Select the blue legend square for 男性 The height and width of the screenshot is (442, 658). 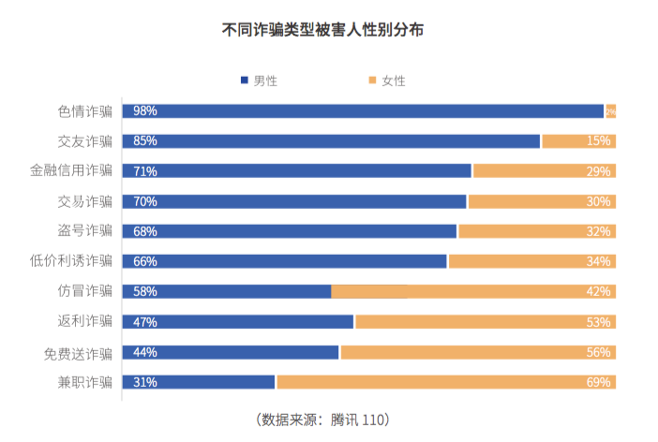[x=245, y=81]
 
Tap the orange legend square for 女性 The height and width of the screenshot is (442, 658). [x=372, y=81]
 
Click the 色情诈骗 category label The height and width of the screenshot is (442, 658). [x=84, y=110]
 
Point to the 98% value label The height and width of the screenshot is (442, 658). [x=145, y=111]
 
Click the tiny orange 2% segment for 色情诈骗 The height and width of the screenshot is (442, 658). [x=610, y=111]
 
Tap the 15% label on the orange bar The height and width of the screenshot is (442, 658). [x=599, y=141]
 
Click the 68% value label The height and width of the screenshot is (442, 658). [x=145, y=231]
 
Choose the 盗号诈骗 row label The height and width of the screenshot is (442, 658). [x=84, y=230]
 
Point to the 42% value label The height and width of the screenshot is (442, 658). [x=599, y=291]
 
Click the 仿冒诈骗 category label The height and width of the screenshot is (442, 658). [x=84, y=290]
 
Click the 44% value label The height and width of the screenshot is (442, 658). [x=145, y=352]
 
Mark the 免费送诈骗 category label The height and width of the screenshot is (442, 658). [x=78, y=352]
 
